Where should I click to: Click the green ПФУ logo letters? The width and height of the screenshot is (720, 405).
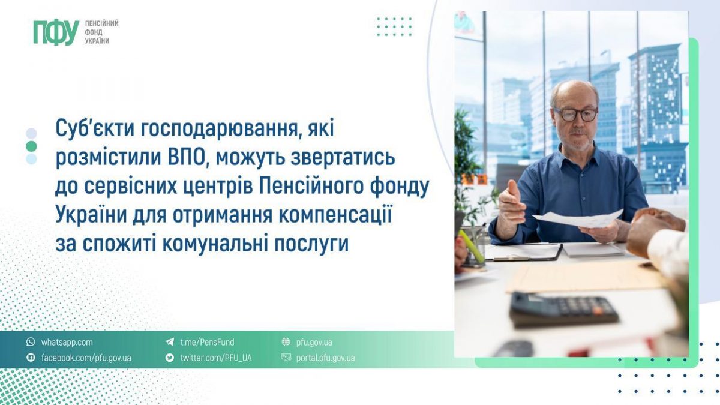coord(56,32)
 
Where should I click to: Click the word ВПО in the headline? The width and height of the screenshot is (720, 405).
coord(186,157)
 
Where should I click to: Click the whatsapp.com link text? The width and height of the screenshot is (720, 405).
coord(67,342)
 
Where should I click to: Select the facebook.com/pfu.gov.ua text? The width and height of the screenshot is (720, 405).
coord(86,358)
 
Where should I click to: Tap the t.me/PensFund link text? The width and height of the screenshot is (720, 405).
coord(208,342)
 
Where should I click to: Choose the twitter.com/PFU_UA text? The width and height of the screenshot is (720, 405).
coord(216,358)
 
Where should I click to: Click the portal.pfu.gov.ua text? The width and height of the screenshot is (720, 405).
coord(326,358)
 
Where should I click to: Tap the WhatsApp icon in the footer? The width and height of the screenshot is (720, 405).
coord(31,341)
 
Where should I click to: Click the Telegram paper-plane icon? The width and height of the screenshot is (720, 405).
coord(170,341)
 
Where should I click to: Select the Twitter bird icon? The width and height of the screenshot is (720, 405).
coord(170,358)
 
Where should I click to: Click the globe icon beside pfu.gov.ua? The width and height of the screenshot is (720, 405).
coord(286,341)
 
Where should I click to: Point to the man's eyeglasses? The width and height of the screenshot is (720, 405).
coord(575,115)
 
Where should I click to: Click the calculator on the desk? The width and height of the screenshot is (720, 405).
coord(564,309)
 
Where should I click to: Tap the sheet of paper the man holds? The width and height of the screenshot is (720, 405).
coord(578,219)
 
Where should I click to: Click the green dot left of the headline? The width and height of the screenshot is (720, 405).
coord(31,146)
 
